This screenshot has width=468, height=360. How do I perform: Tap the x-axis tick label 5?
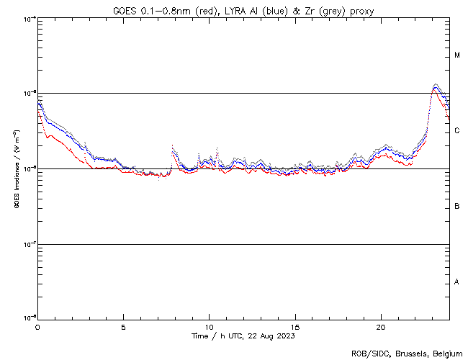pyautogui.click(x=123, y=325)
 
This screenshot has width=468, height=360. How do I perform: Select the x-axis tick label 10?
pyautogui.click(x=209, y=325)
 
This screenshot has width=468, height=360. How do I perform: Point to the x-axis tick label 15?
pyautogui.click(x=294, y=325)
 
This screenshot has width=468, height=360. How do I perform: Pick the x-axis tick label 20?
pyautogui.click(x=380, y=325)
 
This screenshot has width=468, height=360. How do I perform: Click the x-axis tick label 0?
pyautogui.click(x=37, y=325)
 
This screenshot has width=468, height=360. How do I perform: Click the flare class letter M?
pyautogui.click(x=457, y=55)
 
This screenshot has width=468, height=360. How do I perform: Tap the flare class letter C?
pyautogui.click(x=457, y=131)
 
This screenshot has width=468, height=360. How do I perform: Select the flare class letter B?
pyautogui.click(x=457, y=207)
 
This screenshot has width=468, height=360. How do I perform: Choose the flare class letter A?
pyautogui.click(x=457, y=282)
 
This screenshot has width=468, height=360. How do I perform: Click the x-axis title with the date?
pyautogui.click(x=243, y=336)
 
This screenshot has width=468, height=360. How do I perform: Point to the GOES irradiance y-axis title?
pyautogui.click(x=16, y=169)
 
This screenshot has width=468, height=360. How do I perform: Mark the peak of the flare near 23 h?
pyautogui.click(x=436, y=85)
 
